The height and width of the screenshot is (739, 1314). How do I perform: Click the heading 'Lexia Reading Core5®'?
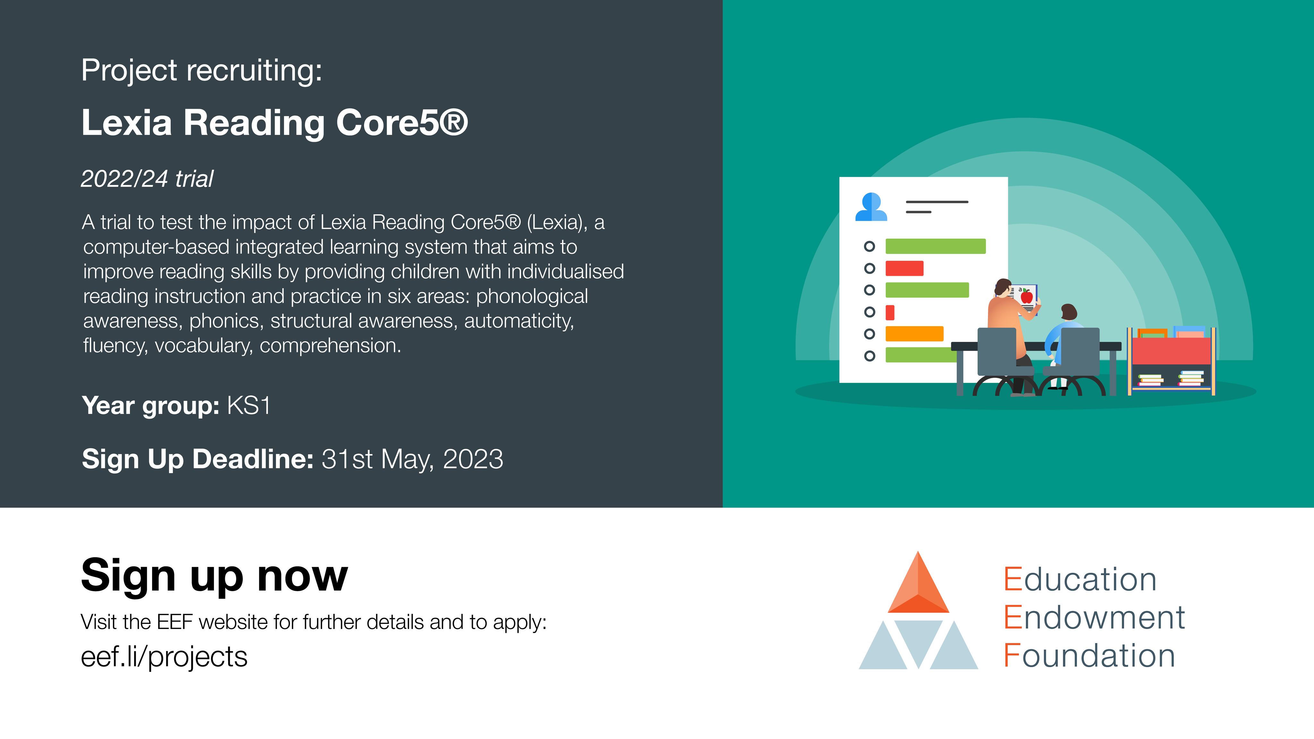click(x=274, y=123)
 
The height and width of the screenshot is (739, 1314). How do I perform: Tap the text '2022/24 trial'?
click(x=147, y=179)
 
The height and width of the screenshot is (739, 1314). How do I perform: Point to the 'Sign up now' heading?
click(x=214, y=575)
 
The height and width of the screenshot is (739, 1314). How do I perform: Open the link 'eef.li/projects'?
click(x=164, y=657)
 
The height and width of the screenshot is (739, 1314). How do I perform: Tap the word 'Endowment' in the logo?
click(x=1094, y=618)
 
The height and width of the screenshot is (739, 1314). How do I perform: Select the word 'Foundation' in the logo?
click(x=1089, y=656)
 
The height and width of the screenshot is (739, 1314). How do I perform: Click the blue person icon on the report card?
click(x=871, y=207)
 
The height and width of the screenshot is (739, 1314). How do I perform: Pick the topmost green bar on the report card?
click(x=935, y=246)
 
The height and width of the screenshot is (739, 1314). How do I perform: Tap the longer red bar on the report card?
click(x=904, y=268)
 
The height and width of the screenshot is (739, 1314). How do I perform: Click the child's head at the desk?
click(x=1069, y=312)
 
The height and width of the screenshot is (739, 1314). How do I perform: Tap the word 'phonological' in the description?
click(x=532, y=296)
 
